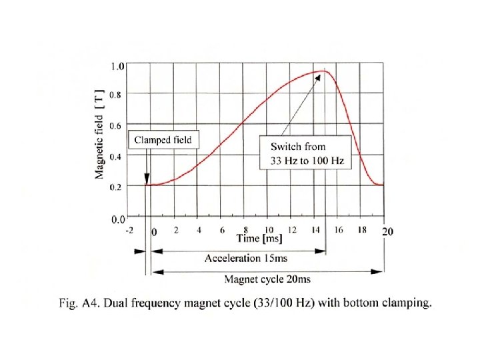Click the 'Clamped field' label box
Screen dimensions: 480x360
tap(163, 139)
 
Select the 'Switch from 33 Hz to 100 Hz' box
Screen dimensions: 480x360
tap(305, 153)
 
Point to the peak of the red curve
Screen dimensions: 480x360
tap(323, 71)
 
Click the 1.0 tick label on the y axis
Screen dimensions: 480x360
tap(117, 66)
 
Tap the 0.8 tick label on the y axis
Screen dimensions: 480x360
tap(115, 95)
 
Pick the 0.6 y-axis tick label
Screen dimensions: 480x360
tap(115, 125)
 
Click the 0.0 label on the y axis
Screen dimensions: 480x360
tap(118, 219)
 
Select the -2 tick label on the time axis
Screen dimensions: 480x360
tap(129, 230)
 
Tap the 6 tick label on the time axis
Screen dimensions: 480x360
tap(222, 230)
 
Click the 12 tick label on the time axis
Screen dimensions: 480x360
tap(292, 229)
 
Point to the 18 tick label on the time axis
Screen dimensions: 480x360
tap(362, 229)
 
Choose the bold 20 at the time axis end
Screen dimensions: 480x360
tap(387, 231)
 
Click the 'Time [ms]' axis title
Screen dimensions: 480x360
tap(259, 238)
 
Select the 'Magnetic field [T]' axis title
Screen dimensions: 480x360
tap(99, 135)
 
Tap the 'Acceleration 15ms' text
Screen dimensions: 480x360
tap(246, 258)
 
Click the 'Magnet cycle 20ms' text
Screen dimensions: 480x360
tap(267, 279)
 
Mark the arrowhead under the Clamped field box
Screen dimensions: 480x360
tap(147, 179)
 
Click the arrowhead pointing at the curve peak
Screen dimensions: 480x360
tap(318, 78)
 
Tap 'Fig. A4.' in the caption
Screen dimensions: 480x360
tap(79, 303)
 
